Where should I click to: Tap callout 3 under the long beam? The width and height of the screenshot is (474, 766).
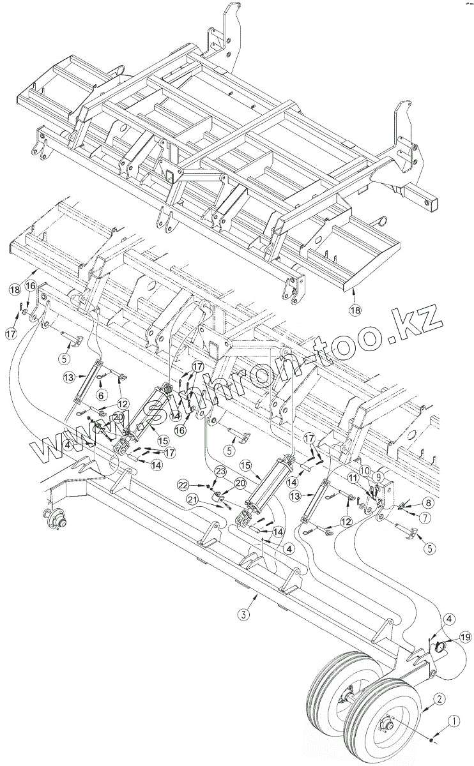243,615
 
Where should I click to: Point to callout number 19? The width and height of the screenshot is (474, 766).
465,637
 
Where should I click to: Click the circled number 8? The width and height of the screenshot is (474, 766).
427,502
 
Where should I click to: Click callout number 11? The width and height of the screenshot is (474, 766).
353,477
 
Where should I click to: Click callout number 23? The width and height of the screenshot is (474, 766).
220,472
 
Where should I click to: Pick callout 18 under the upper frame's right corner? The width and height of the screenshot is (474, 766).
355,310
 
